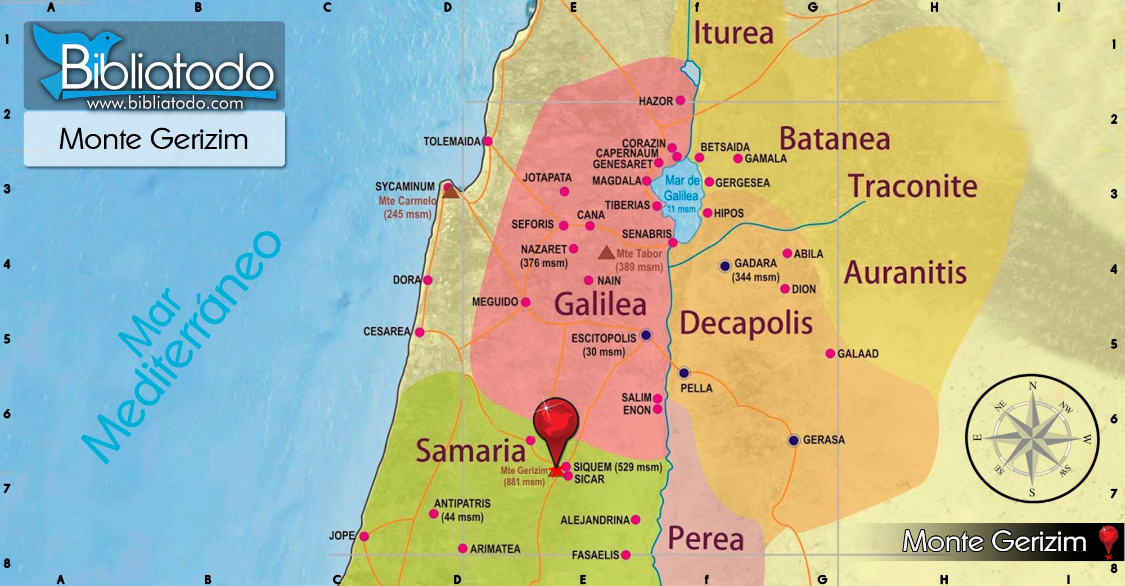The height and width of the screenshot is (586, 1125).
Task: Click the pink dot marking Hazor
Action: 680,101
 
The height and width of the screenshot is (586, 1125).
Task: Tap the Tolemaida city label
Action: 452,142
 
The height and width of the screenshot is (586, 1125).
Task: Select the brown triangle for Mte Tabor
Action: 606,253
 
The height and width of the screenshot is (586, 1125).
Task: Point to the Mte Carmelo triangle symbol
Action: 450,192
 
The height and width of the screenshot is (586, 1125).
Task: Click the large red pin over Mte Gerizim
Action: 556,423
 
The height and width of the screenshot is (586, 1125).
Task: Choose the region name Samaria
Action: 470,451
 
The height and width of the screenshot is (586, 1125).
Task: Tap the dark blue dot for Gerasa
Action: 793,440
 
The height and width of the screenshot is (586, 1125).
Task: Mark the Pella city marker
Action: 683,373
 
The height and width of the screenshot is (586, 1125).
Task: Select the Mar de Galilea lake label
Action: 681,188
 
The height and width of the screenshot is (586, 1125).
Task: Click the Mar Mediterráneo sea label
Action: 180,349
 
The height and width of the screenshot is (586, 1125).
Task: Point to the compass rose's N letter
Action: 1032,386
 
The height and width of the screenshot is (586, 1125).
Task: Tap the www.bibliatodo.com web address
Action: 165,103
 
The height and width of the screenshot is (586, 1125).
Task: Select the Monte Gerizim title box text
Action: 154,139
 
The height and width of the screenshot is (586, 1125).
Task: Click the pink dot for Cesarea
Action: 420,332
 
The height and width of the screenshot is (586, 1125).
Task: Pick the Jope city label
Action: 341,535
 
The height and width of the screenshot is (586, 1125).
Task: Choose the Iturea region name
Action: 733,33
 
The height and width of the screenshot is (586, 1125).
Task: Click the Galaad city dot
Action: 830,354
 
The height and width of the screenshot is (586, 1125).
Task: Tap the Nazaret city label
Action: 543,249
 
